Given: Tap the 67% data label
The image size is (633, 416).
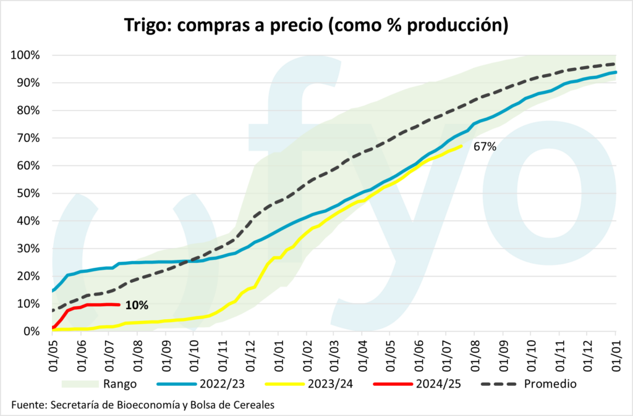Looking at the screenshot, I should pyautogui.click(x=485, y=147).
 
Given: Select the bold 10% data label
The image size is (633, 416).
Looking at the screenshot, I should pyautogui.click(x=136, y=304).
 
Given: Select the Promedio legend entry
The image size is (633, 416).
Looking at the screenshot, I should pyautogui.click(x=550, y=384).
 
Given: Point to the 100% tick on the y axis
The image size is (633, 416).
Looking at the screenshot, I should pyautogui.click(x=25, y=56).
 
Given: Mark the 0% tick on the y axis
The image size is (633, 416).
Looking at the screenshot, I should pyautogui.click(x=31, y=331).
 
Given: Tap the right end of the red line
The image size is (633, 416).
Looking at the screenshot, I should pyautogui.click(x=119, y=304).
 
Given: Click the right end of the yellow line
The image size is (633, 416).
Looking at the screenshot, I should pyautogui.click(x=462, y=146).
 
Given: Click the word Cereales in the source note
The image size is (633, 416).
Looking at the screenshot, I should pyautogui.click(x=253, y=405).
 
